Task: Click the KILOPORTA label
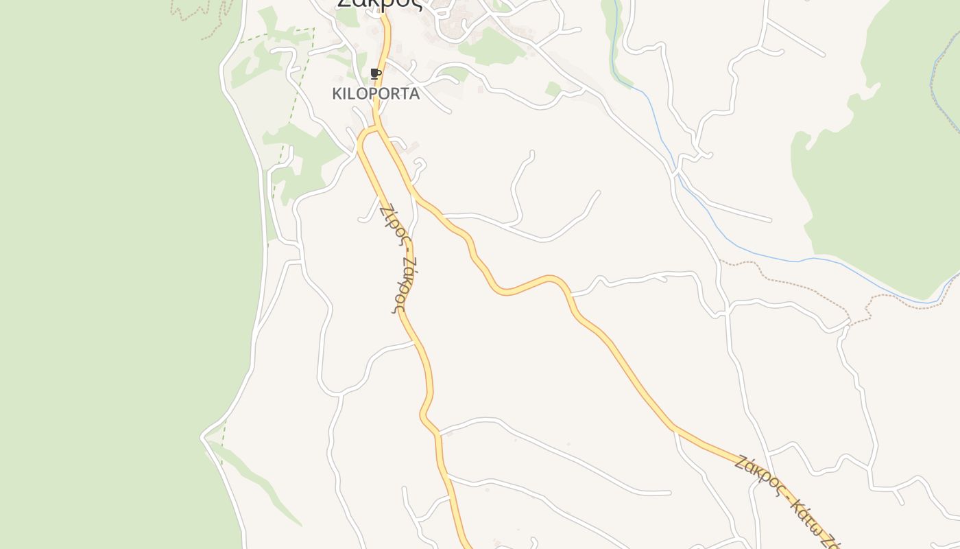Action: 376,94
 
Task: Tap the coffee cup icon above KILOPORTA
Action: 375,73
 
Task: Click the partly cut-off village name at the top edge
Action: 379,4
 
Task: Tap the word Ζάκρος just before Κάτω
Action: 758,474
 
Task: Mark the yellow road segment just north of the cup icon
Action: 385,41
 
